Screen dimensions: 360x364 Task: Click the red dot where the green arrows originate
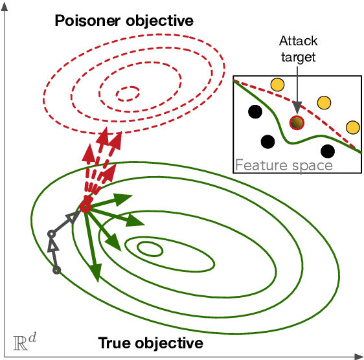coord(85,208)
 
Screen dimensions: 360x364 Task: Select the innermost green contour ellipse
coord(150,248)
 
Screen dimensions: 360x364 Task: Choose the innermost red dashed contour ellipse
coord(127,93)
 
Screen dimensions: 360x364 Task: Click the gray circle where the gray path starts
coord(56,269)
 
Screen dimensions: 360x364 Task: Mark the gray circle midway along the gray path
coord(51,234)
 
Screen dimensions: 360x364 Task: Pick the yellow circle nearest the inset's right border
coord(352,126)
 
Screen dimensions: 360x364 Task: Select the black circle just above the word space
coord(328,152)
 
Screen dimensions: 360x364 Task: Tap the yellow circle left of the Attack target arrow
coord(277,84)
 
